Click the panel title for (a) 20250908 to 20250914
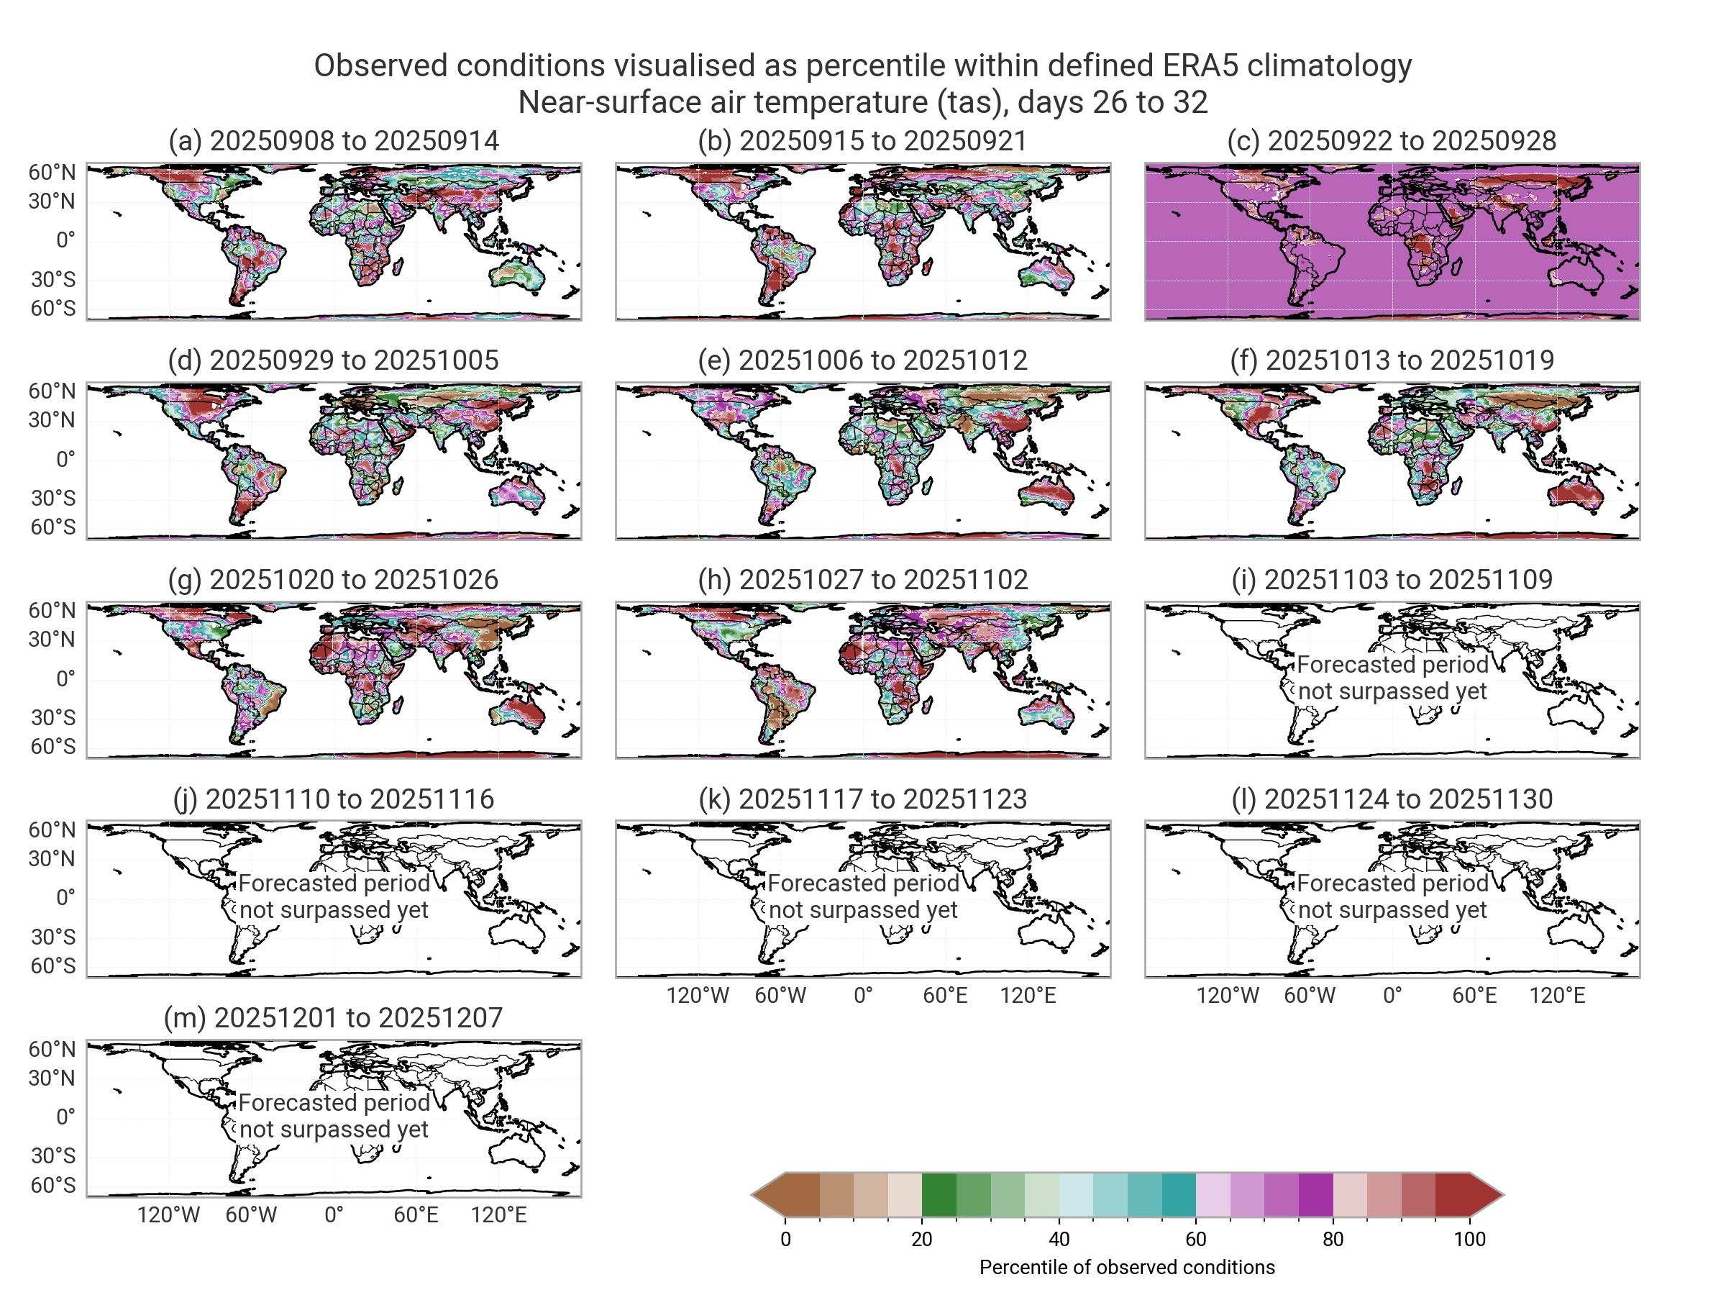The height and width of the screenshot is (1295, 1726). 333,140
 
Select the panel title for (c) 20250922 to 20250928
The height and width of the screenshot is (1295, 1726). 1392,140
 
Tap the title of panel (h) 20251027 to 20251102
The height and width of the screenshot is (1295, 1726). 862,579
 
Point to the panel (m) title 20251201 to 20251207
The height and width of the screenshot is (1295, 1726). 333,1017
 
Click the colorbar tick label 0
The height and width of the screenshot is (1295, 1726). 785,1239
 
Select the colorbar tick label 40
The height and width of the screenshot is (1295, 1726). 1059,1239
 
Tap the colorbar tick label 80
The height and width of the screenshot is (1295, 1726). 1333,1239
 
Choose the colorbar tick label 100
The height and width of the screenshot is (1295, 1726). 1469,1239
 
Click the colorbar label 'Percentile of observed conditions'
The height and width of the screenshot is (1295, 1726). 1127,1268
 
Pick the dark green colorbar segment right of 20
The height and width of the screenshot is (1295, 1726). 939,1194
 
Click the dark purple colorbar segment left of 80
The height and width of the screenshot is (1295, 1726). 1315,1194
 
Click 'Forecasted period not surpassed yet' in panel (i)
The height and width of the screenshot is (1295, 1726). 1392,678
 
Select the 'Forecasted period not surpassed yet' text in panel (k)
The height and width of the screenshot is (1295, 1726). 863,896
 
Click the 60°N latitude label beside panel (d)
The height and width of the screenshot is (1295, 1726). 52,391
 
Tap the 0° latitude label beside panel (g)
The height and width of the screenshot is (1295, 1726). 65,678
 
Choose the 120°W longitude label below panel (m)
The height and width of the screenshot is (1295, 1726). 168,1214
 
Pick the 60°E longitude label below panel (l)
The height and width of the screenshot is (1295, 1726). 1474,995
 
